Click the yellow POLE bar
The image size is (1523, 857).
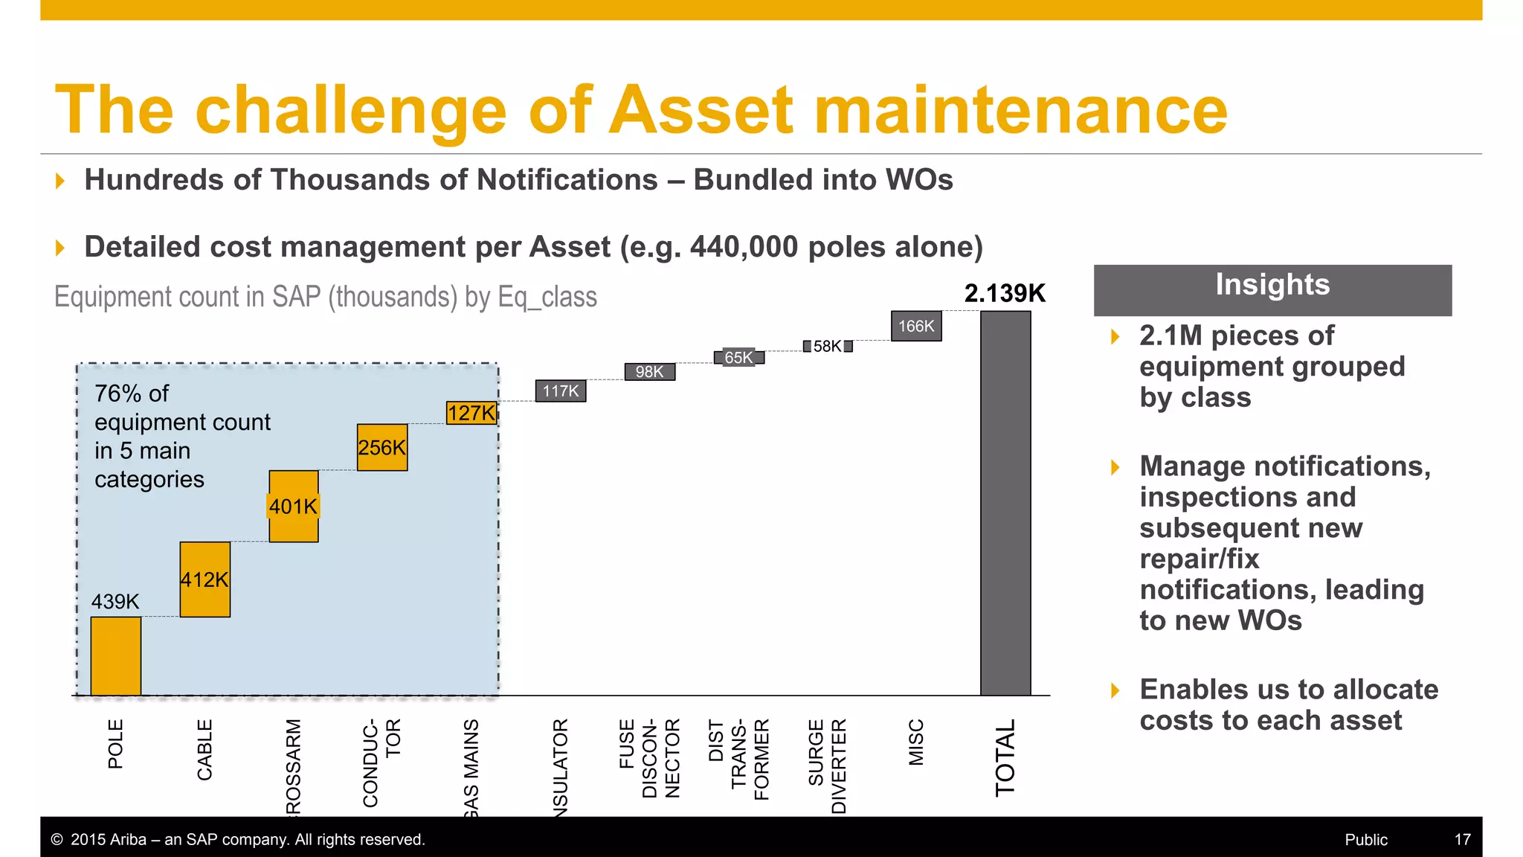(x=116, y=656)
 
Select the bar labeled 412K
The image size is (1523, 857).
(x=205, y=580)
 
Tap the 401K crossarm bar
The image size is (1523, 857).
(x=294, y=507)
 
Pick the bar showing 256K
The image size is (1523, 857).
(x=382, y=448)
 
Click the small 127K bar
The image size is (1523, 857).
(x=471, y=413)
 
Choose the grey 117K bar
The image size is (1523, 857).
(x=561, y=391)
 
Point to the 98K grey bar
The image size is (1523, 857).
(x=650, y=371)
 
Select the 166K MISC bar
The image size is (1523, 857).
(x=916, y=326)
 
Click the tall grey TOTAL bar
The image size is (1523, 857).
(x=1005, y=503)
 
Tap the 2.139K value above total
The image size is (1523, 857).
(x=1005, y=294)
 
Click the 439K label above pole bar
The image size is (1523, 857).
(x=115, y=601)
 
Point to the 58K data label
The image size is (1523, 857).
(x=827, y=347)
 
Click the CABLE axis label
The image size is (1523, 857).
(x=205, y=749)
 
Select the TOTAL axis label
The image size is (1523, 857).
(x=1005, y=757)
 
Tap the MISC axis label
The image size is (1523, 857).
(x=916, y=742)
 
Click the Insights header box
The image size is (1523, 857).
(x=1272, y=289)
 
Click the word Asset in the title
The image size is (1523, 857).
(x=702, y=110)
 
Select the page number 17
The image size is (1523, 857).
(x=1462, y=840)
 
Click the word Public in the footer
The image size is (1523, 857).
(x=1366, y=840)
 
